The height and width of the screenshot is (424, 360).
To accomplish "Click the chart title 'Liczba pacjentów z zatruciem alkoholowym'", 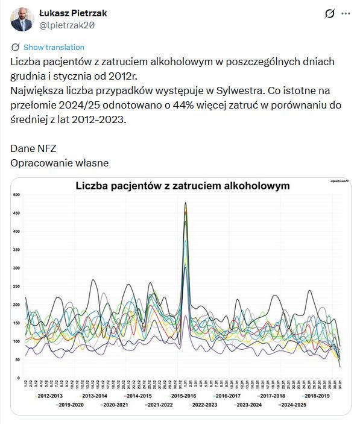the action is [x=182, y=186].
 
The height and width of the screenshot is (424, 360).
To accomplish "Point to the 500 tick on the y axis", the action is [x=16, y=195].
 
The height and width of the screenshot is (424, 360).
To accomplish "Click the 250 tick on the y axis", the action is [x=16, y=286].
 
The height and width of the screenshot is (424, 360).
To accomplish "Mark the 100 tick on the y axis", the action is [x=16, y=341].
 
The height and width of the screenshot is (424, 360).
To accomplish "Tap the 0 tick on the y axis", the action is [x=18, y=378].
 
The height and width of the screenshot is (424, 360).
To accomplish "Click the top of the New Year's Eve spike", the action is [x=185, y=203].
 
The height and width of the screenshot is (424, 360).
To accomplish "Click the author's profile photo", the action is [x=22, y=19].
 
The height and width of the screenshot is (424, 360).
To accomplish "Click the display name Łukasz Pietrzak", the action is [x=73, y=13].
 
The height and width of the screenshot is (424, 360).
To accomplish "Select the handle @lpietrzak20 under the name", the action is [x=67, y=25].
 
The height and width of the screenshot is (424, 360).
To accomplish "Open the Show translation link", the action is [x=54, y=47].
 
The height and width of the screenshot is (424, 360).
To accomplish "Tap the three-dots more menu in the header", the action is [x=346, y=13].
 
